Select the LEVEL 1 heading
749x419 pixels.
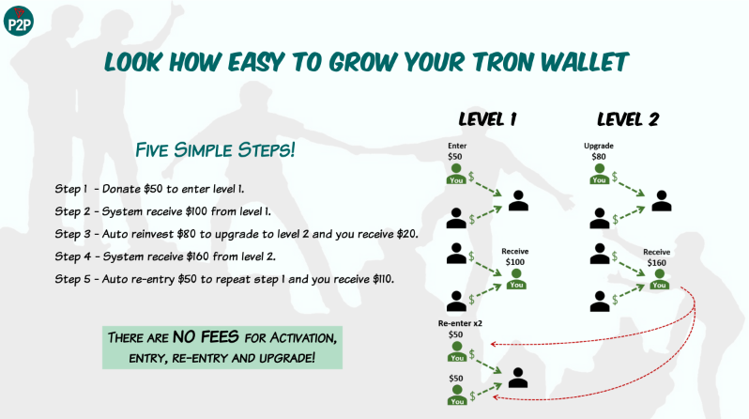coord(487,119)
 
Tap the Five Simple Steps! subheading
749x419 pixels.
coord(216,148)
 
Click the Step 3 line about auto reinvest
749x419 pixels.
coord(236,232)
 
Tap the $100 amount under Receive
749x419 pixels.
coord(515,262)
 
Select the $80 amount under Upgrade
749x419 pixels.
coord(598,157)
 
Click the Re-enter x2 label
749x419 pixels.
coord(458,322)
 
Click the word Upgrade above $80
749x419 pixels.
coord(599,146)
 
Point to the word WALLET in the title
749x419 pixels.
coord(583,62)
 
